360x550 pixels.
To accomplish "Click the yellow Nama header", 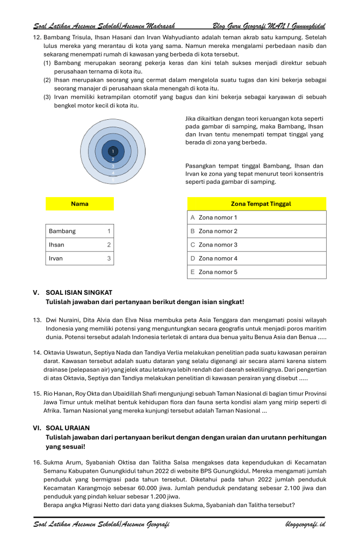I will tap(80, 204).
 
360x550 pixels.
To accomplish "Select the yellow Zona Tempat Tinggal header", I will tap(256, 204).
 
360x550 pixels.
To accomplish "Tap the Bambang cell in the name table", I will tap(80, 231).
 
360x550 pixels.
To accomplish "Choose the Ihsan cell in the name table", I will tap(80, 245).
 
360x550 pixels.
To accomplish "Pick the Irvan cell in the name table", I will tap(80, 258).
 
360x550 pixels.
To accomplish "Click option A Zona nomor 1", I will tap(256, 218).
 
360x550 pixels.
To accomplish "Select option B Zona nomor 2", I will tap(256, 231).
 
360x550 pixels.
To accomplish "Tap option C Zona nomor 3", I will tap(256, 245).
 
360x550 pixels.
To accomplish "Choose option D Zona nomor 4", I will tap(256, 258).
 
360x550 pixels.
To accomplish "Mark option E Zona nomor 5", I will tap(256, 272).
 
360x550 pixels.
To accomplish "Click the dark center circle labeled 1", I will tap(113, 151).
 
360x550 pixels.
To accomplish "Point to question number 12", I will tap(37, 38).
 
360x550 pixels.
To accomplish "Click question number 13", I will tap(37, 320).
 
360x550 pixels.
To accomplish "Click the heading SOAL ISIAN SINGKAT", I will tap(79, 293).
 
